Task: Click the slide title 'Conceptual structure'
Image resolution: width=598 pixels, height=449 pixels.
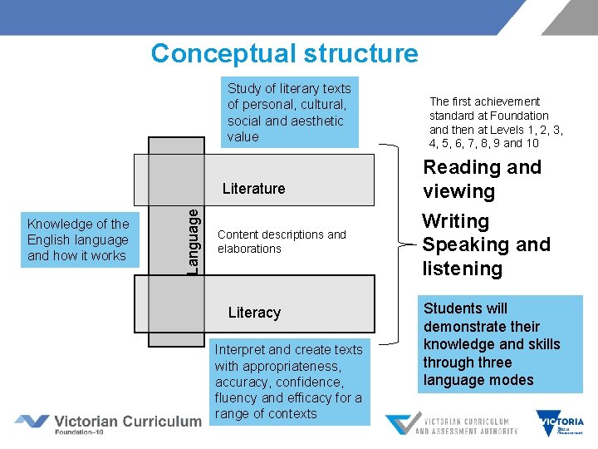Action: tap(284, 53)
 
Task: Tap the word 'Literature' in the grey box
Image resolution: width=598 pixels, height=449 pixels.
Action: tap(253, 189)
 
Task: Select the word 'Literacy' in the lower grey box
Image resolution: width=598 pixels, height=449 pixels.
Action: tap(254, 313)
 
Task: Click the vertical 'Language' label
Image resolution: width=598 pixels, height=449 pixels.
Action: tap(193, 240)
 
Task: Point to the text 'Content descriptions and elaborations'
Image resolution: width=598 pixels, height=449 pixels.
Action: tap(282, 241)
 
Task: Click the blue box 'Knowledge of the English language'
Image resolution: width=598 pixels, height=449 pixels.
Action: tap(78, 239)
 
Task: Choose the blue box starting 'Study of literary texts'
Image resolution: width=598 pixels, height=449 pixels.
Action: tap(289, 112)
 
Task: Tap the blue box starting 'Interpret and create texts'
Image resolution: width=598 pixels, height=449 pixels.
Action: tap(288, 382)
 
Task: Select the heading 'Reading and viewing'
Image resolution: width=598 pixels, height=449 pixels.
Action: tap(482, 179)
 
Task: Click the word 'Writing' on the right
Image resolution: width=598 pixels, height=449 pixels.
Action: tap(455, 221)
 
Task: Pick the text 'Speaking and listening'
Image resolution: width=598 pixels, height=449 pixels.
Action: tap(486, 256)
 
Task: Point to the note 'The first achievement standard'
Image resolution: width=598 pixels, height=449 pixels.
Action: tap(495, 122)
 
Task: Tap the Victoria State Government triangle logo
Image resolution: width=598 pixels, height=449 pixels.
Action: tap(559, 422)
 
